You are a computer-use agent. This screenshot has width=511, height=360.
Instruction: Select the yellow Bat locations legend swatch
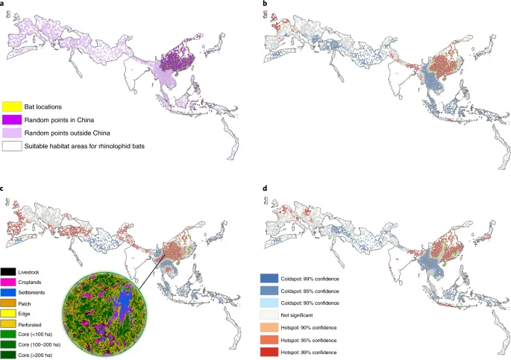pyautogui.click(x=11, y=107)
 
